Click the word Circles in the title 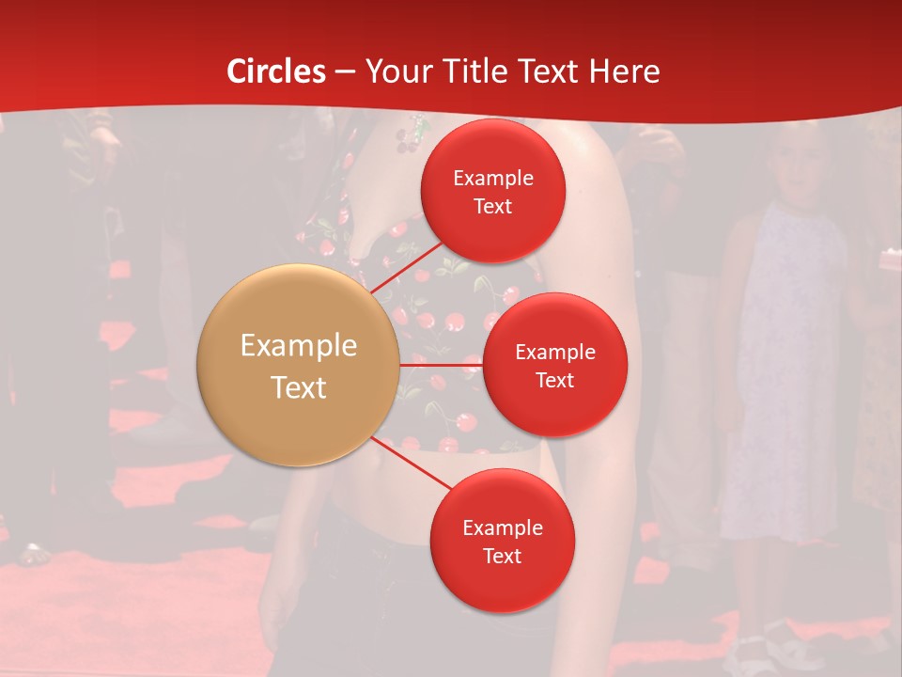(x=276, y=71)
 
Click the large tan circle (x=299, y=365)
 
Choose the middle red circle (x=555, y=365)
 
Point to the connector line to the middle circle (x=442, y=365)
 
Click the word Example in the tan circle (x=299, y=346)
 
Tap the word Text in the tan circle (x=299, y=387)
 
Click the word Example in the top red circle (x=493, y=178)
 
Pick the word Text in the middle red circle (x=555, y=380)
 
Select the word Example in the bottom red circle (x=503, y=528)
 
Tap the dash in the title (x=345, y=71)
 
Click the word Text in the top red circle (x=493, y=206)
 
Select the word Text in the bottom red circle (x=503, y=557)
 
